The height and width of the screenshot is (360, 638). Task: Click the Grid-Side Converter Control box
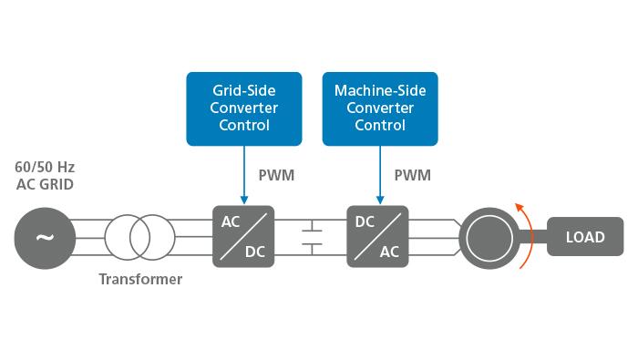(x=244, y=108)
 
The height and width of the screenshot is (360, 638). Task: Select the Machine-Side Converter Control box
(x=380, y=108)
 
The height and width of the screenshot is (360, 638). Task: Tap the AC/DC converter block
(x=243, y=236)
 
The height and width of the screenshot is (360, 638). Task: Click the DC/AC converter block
(x=377, y=236)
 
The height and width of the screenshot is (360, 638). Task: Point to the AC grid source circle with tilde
(x=44, y=237)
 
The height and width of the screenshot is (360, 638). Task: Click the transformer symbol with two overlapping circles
(x=139, y=237)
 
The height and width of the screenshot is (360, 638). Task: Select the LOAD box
(x=585, y=237)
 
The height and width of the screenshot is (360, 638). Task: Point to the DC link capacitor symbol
(x=312, y=237)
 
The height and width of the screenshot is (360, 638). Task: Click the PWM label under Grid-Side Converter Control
(x=276, y=175)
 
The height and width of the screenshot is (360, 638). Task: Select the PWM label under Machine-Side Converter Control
(x=412, y=175)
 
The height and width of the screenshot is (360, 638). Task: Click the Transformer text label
(x=140, y=280)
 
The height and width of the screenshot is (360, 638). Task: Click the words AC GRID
(x=45, y=185)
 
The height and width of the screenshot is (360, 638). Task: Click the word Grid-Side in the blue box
(x=244, y=91)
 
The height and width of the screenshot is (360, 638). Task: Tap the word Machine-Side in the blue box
(x=380, y=91)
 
